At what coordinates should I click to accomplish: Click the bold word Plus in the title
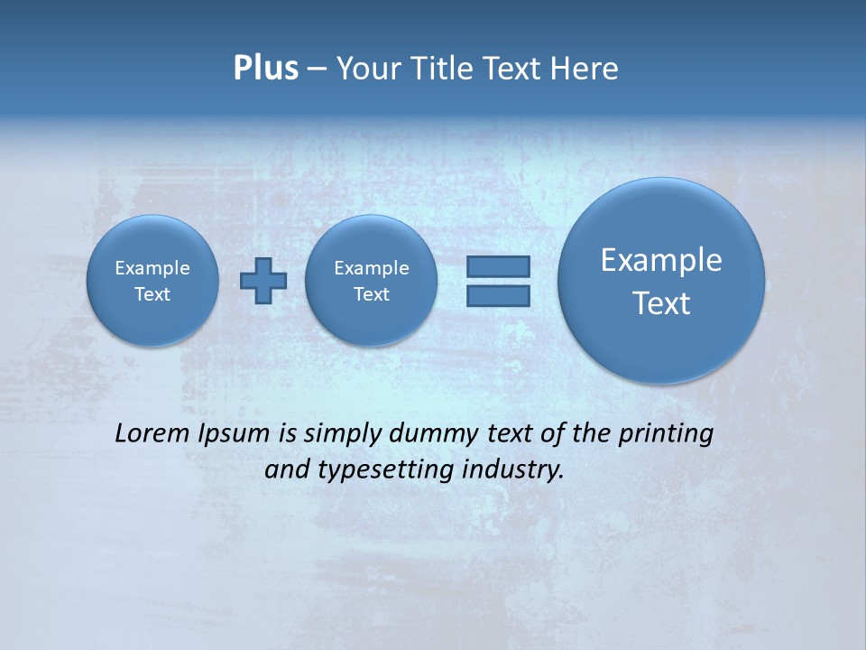point(265,69)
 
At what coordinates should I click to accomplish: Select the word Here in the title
point(585,69)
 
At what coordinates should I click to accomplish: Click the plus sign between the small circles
point(263,280)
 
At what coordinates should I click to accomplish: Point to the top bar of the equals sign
point(498,266)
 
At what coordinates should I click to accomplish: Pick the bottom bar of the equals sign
point(498,295)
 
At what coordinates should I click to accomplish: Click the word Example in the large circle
point(661,260)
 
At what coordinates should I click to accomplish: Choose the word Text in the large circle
point(661,303)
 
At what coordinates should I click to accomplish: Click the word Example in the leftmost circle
point(152,268)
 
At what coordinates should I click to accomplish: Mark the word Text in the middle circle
point(372,294)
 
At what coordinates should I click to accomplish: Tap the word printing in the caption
point(666,434)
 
